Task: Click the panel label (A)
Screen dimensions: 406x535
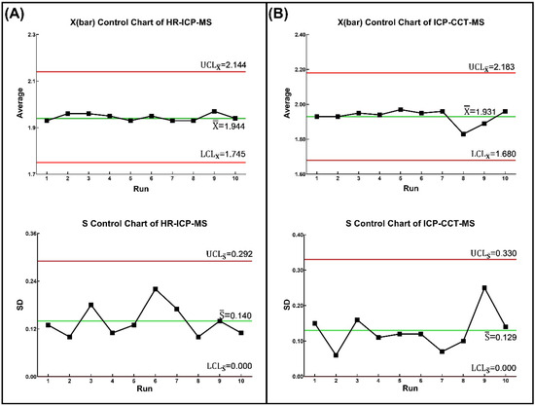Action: coord(18,15)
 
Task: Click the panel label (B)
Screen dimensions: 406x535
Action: coord(288,15)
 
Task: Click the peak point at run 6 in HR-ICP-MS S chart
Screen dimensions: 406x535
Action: coord(155,289)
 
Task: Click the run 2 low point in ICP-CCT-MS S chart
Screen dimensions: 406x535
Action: coord(336,355)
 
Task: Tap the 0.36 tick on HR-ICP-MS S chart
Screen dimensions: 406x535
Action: coord(28,234)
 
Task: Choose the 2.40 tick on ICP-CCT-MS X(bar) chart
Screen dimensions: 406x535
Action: coord(295,35)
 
